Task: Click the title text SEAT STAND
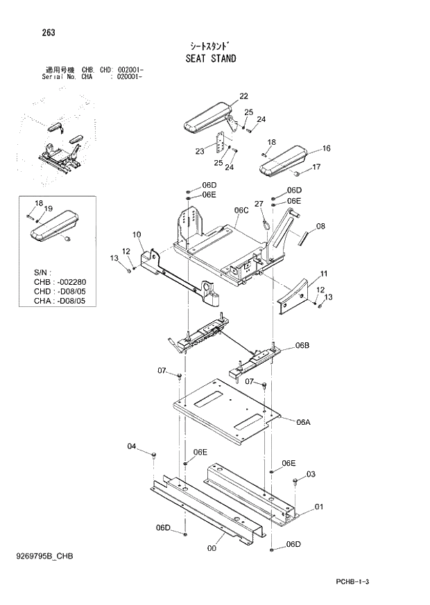tap(210, 58)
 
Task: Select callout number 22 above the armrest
tap(243, 96)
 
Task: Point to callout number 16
tap(326, 148)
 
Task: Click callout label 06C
tap(241, 210)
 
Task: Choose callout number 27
tap(259, 204)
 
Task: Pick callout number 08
tap(320, 226)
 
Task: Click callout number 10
tap(136, 235)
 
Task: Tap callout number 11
tap(324, 274)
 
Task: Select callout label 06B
tap(302, 345)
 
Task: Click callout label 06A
tap(303, 422)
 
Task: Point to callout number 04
tap(132, 446)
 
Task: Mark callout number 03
tap(311, 474)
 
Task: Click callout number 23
tap(200, 150)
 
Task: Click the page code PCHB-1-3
tap(356, 582)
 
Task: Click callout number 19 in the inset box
tap(49, 209)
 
